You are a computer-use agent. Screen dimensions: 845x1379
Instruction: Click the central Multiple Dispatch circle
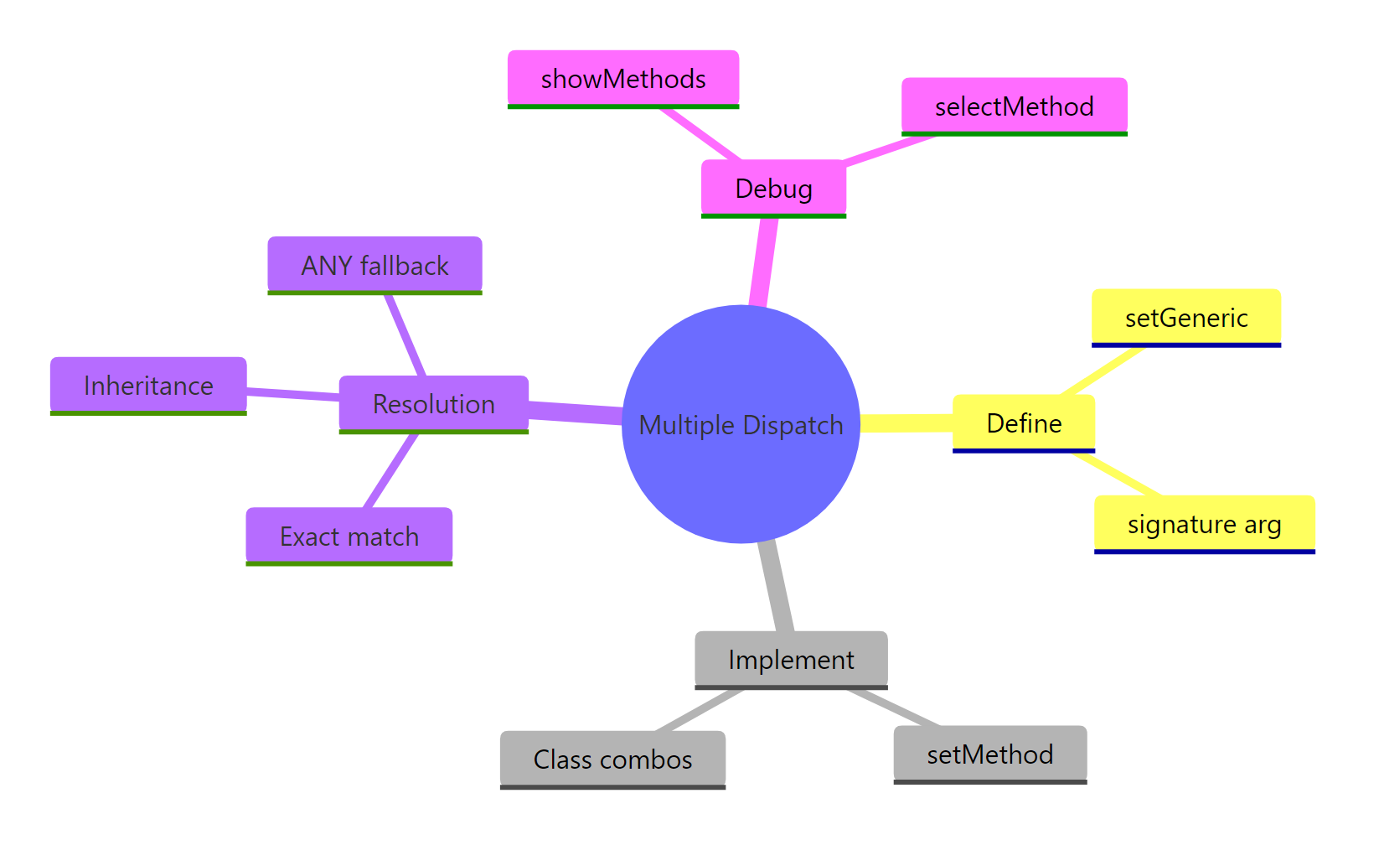pyautogui.click(x=741, y=424)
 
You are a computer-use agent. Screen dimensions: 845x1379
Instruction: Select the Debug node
pyautogui.click(x=773, y=189)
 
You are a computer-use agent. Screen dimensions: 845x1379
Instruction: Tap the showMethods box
pyautogui.click(x=622, y=79)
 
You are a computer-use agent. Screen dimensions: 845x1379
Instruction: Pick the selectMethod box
pyautogui.click(x=1014, y=106)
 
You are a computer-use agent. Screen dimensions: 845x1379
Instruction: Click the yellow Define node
pyautogui.click(x=1024, y=423)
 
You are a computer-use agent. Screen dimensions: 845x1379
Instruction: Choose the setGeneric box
pyautogui.click(x=1185, y=318)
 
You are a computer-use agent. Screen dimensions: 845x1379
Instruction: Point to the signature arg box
pyautogui.click(x=1204, y=524)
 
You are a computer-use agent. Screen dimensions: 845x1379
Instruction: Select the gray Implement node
pyautogui.click(x=791, y=660)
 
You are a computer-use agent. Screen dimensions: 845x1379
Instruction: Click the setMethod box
pyautogui.click(x=989, y=754)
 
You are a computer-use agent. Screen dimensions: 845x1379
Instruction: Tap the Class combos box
pyautogui.click(x=612, y=759)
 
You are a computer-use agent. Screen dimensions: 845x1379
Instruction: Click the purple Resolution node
pyautogui.click(x=433, y=404)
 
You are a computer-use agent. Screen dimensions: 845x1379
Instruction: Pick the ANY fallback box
pyautogui.click(x=374, y=266)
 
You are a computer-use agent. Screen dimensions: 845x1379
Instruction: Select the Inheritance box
pyautogui.click(x=148, y=386)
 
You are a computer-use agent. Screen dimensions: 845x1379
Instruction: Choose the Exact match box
pyautogui.click(x=349, y=537)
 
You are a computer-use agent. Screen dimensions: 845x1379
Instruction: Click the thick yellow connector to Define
pyautogui.click(x=906, y=423)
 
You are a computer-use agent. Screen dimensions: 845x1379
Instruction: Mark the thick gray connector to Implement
pyautogui.click(x=777, y=587)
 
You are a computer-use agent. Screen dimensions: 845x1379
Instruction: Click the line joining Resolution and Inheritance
pyautogui.click(x=293, y=393)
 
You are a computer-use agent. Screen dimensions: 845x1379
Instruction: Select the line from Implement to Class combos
pyautogui.click(x=699, y=710)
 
